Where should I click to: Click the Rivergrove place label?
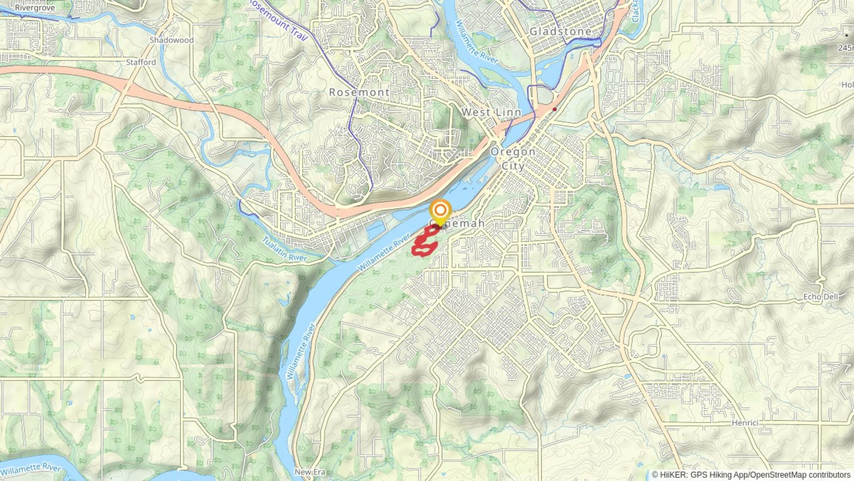[x=35, y=8]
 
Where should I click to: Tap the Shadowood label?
[x=172, y=40]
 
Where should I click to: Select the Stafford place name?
[x=141, y=62]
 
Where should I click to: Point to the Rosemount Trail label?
[x=278, y=20]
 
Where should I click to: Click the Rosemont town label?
[x=359, y=93]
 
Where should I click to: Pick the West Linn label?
[x=491, y=112]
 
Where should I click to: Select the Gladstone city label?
[x=560, y=32]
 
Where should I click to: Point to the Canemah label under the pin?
[x=458, y=224]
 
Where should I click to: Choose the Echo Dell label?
[x=821, y=297]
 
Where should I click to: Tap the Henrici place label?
[x=745, y=423]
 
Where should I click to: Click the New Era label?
[x=310, y=472]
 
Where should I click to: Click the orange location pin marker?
[x=440, y=211]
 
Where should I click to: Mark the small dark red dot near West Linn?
[x=555, y=109]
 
